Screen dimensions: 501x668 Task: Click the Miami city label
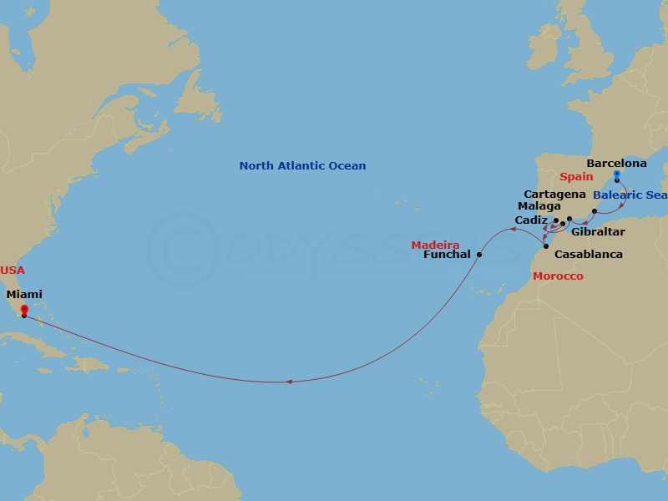click(24, 294)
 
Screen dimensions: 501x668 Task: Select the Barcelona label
click(616, 164)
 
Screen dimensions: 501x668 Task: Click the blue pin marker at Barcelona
click(616, 175)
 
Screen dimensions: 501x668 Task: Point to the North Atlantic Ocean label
click(302, 166)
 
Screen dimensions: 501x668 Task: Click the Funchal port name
click(448, 255)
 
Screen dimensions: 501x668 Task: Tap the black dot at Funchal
click(479, 255)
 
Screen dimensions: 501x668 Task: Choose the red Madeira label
click(435, 245)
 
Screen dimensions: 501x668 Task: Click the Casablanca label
click(589, 254)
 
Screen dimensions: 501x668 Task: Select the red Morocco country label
click(559, 276)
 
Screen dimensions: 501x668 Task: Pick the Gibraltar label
click(598, 231)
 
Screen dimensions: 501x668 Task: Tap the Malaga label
click(539, 206)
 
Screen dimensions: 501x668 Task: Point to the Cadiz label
click(531, 220)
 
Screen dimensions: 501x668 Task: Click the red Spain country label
click(576, 177)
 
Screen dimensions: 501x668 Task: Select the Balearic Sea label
click(630, 195)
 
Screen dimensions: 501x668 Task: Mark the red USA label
click(13, 271)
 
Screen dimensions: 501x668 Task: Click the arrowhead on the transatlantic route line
click(289, 382)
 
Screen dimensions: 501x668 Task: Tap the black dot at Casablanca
click(545, 245)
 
